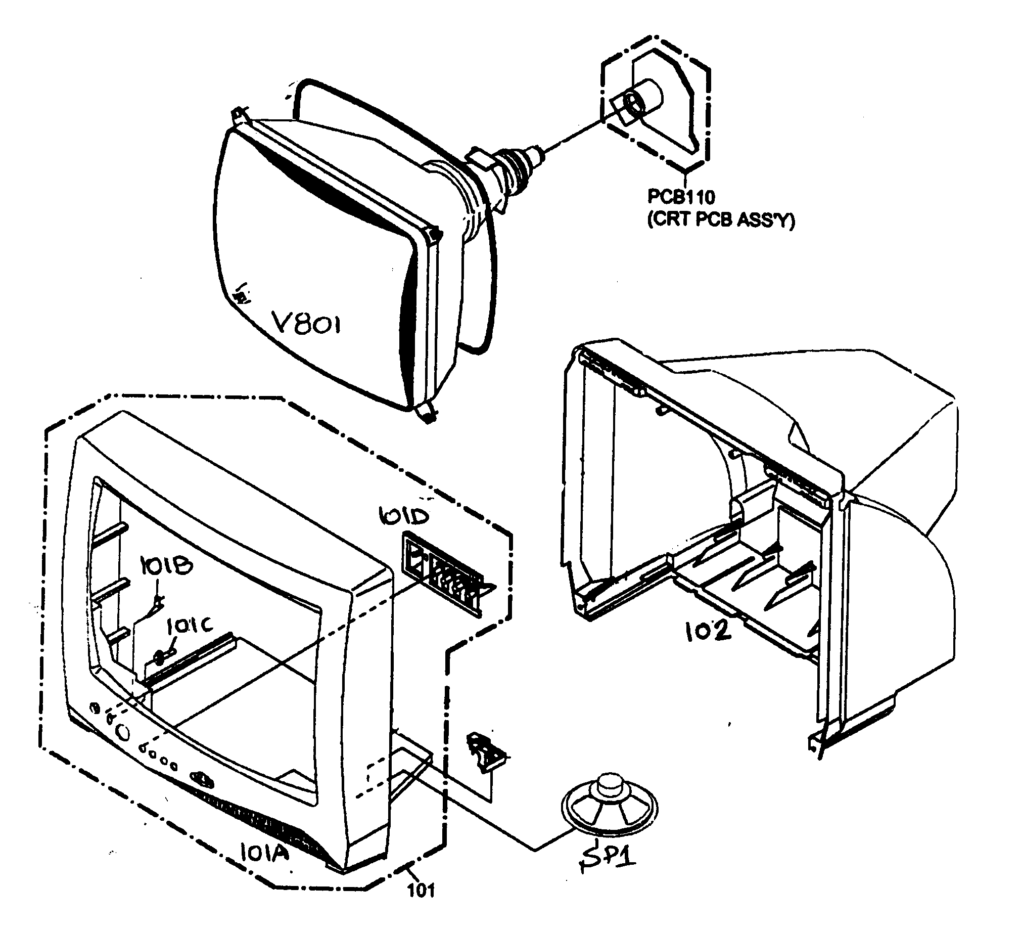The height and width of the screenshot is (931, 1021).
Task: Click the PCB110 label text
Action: pyautogui.click(x=681, y=197)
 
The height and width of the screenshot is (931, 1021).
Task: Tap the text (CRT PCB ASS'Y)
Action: pyautogui.click(x=721, y=220)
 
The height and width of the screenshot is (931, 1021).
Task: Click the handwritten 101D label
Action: pyautogui.click(x=404, y=516)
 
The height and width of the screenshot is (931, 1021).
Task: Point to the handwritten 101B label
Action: pyautogui.click(x=166, y=566)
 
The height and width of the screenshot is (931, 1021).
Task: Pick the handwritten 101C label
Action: pyautogui.click(x=190, y=628)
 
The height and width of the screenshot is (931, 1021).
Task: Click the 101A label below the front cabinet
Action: pyautogui.click(x=263, y=853)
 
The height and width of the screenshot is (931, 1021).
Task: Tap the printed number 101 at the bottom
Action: pyautogui.click(x=422, y=890)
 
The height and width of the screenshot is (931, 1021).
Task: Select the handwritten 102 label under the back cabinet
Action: pyautogui.click(x=709, y=632)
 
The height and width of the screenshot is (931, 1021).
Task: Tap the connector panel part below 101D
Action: pyautogui.click(x=446, y=572)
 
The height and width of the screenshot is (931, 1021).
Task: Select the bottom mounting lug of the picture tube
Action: pyautogui.click(x=427, y=413)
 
